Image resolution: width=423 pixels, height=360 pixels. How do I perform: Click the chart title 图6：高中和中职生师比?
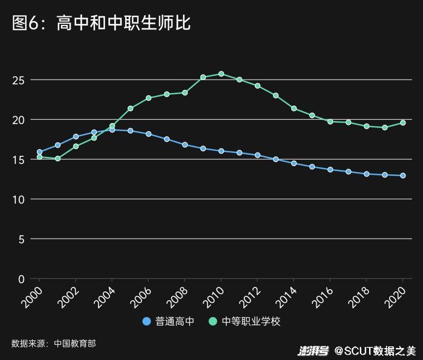(101, 23)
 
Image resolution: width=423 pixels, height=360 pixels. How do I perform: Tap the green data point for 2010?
(221, 74)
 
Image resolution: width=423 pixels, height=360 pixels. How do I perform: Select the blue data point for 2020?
(403, 175)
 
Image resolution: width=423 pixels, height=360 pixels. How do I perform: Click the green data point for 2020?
(403, 123)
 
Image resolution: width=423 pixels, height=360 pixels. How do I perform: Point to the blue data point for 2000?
(39, 152)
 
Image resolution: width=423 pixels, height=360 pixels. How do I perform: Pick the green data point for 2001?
(58, 158)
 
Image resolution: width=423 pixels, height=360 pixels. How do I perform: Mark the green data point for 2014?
(294, 108)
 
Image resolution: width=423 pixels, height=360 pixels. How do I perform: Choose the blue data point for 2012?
(258, 155)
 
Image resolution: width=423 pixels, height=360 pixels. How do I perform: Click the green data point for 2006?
(149, 98)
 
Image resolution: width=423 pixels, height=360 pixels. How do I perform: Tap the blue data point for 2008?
(185, 145)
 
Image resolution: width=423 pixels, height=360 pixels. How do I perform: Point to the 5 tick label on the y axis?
(21, 239)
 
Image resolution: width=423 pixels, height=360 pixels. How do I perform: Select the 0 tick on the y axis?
(21, 279)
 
